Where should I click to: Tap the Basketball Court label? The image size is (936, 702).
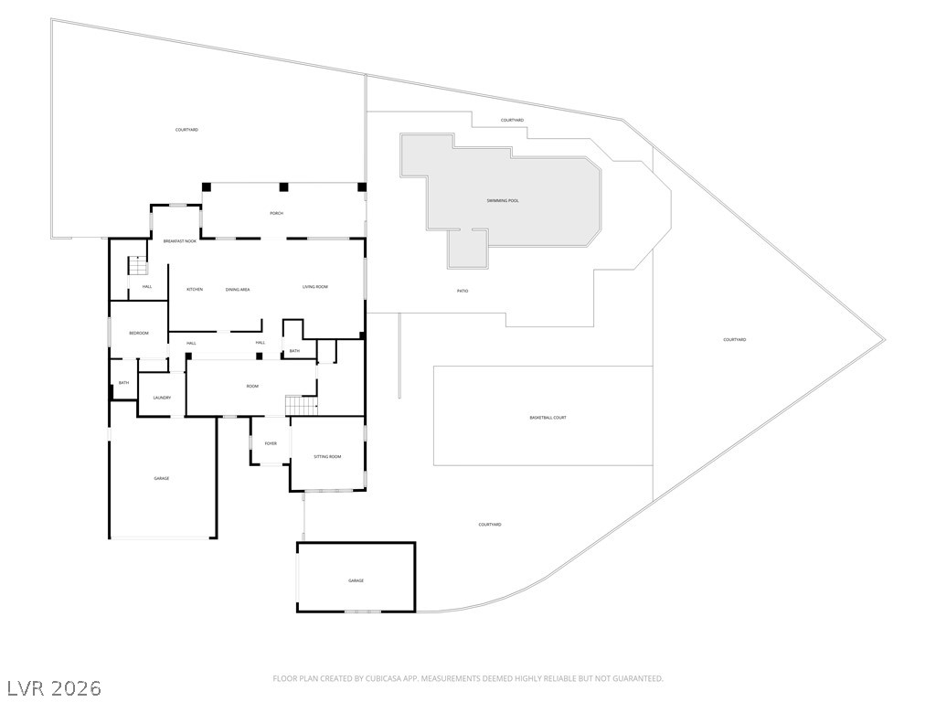(548, 418)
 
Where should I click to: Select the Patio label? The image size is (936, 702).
(463, 291)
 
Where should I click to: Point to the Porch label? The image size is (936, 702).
(276, 213)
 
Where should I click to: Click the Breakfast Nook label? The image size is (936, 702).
(180, 241)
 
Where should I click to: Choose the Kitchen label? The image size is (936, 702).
(195, 290)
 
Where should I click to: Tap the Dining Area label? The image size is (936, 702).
(238, 290)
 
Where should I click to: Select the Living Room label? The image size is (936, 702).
(315, 287)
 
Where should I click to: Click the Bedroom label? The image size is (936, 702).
(138, 333)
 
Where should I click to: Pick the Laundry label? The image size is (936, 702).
(162, 398)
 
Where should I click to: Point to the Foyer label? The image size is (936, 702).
(271, 443)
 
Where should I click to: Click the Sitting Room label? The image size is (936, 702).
(327, 456)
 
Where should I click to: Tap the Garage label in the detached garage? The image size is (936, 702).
(356, 580)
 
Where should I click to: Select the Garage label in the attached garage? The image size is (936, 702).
(161, 478)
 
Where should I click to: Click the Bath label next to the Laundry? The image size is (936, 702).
(123, 383)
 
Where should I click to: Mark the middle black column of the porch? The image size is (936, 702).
(283, 187)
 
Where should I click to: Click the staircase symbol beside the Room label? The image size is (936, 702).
(301, 404)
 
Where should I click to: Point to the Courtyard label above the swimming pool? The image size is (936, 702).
(512, 121)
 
